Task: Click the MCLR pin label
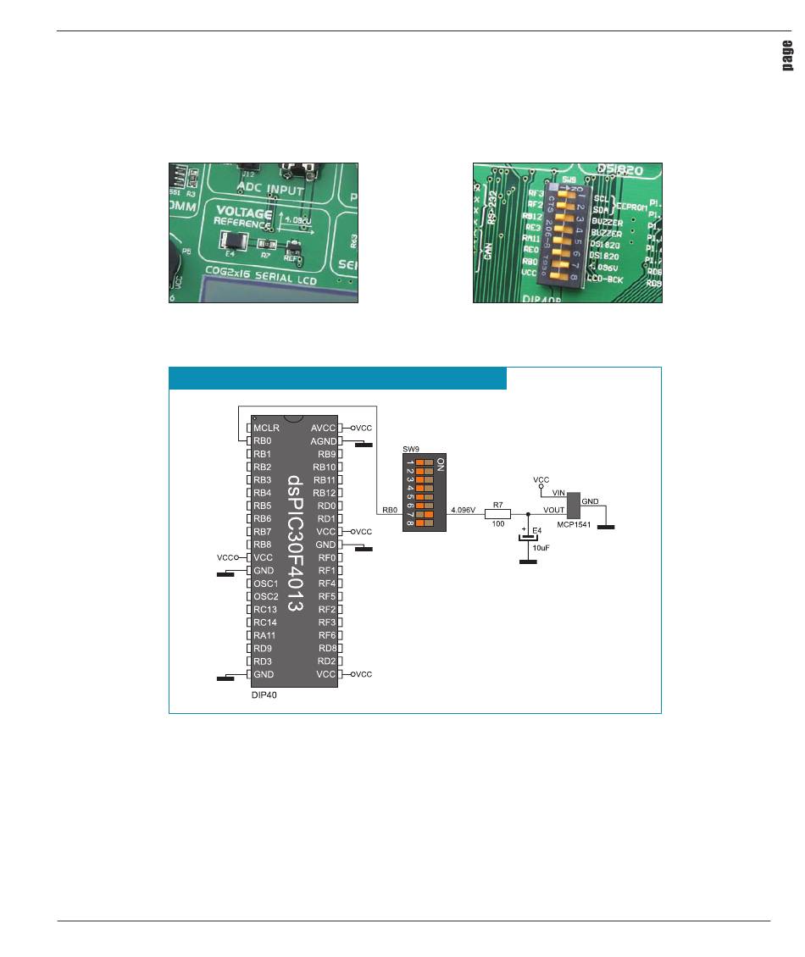[267, 429]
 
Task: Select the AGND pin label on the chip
[325, 441]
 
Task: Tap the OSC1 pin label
[265, 584]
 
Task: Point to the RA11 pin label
[264, 635]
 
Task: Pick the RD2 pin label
[326, 661]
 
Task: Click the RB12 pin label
[325, 493]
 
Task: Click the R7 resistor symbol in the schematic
[498, 513]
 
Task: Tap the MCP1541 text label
[575, 523]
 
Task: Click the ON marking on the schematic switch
[440, 465]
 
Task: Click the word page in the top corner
[786, 57]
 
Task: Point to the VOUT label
[554, 511]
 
